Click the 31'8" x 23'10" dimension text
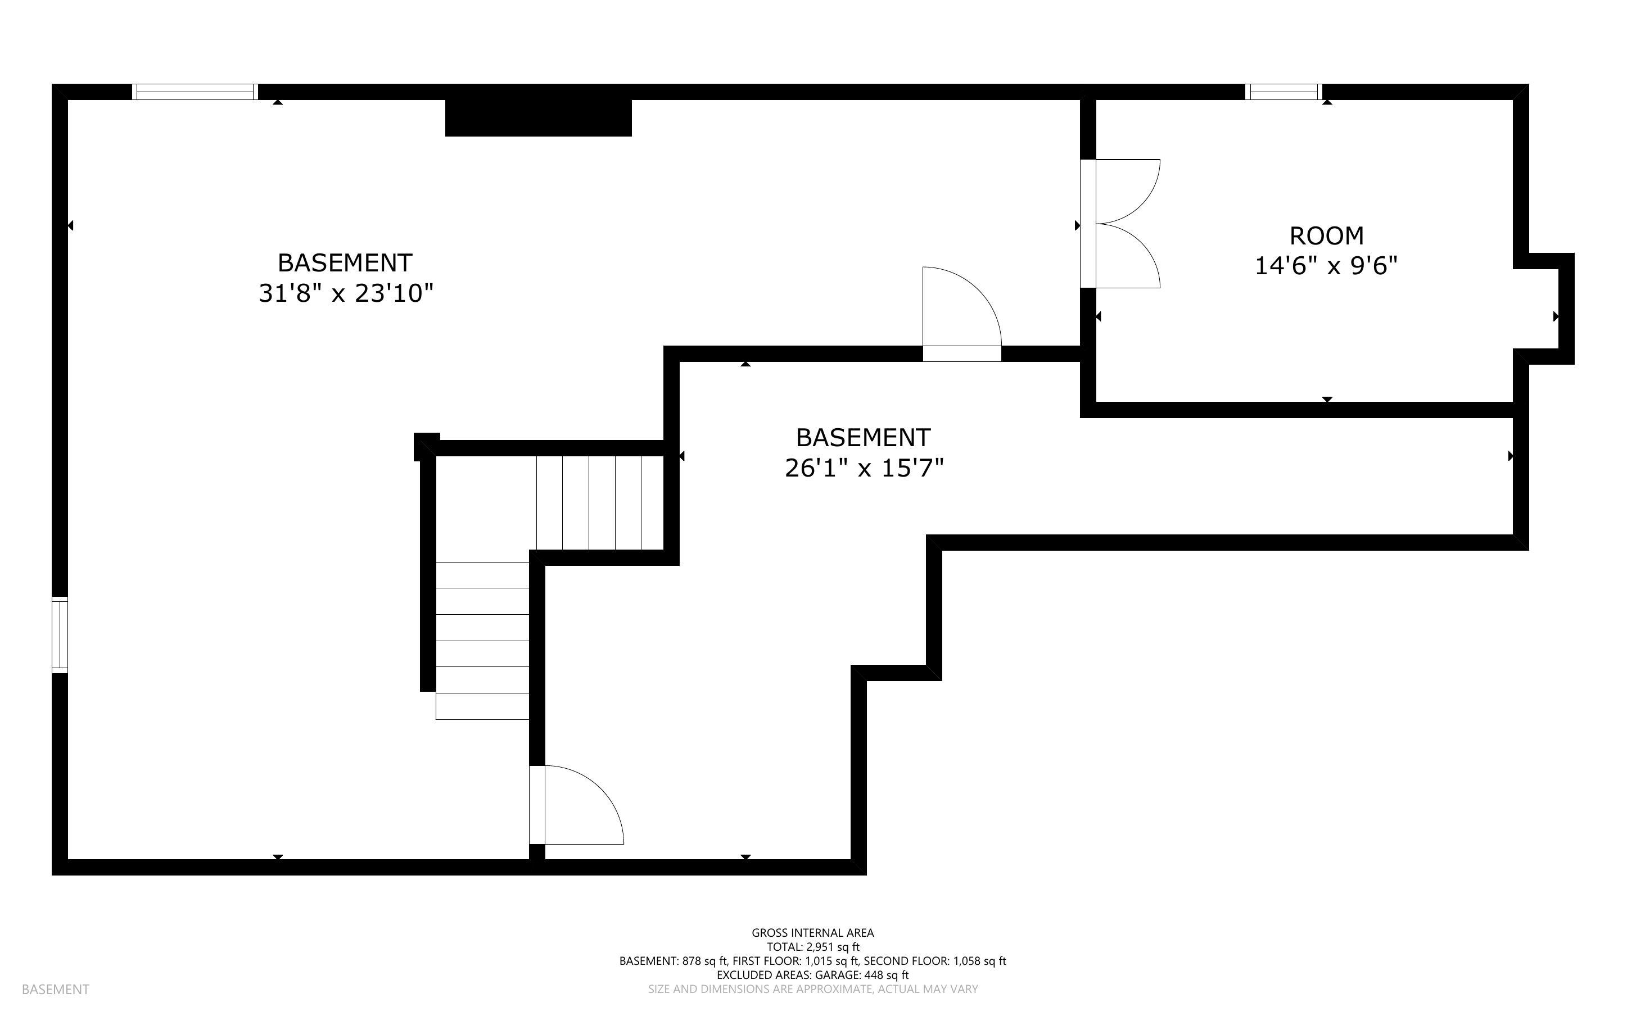point(345,294)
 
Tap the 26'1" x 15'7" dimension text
point(864,468)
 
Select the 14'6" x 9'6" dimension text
point(1326,266)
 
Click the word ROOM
point(1326,236)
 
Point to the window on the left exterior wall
point(60,634)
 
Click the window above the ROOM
point(1283,92)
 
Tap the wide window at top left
point(195,92)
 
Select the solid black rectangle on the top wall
point(538,117)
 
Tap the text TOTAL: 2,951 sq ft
point(812,947)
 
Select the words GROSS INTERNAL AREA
point(812,933)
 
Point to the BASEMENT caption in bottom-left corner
point(55,989)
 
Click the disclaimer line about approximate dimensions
point(812,989)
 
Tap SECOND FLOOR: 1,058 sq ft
point(934,961)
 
